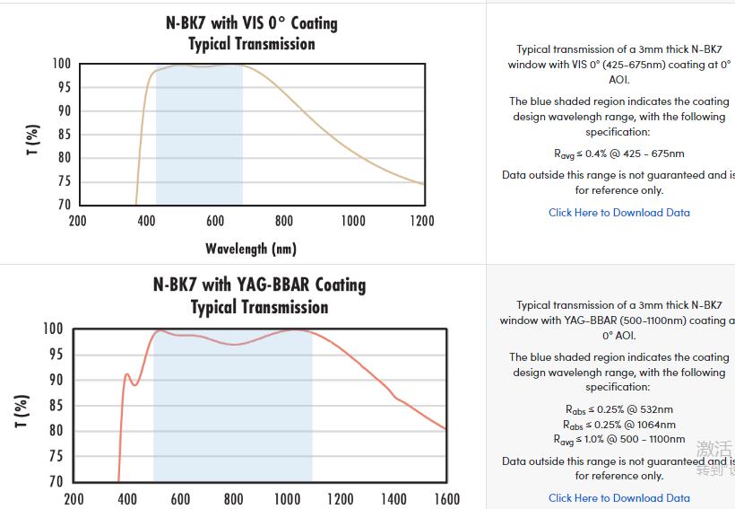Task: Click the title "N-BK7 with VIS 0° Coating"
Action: (x=251, y=22)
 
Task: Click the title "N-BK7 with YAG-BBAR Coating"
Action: (x=259, y=285)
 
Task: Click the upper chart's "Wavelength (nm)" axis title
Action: (x=251, y=248)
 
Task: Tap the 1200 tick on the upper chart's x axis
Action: (x=421, y=221)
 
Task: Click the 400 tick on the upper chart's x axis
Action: (x=146, y=221)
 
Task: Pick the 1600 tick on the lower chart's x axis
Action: (x=446, y=499)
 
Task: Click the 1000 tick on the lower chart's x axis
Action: (x=287, y=499)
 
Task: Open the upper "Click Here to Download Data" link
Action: (x=619, y=213)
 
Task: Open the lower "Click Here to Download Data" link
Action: (x=619, y=497)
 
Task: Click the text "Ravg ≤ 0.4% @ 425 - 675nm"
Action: (x=618, y=154)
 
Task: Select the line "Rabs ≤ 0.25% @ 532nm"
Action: (x=618, y=410)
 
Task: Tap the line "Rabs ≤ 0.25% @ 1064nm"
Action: (x=618, y=425)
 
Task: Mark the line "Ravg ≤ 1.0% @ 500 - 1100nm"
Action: (x=618, y=439)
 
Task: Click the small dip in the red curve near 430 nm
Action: (x=134, y=385)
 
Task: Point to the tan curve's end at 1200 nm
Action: (x=424, y=184)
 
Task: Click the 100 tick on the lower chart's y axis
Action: (x=53, y=329)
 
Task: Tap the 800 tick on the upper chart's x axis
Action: (x=284, y=221)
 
